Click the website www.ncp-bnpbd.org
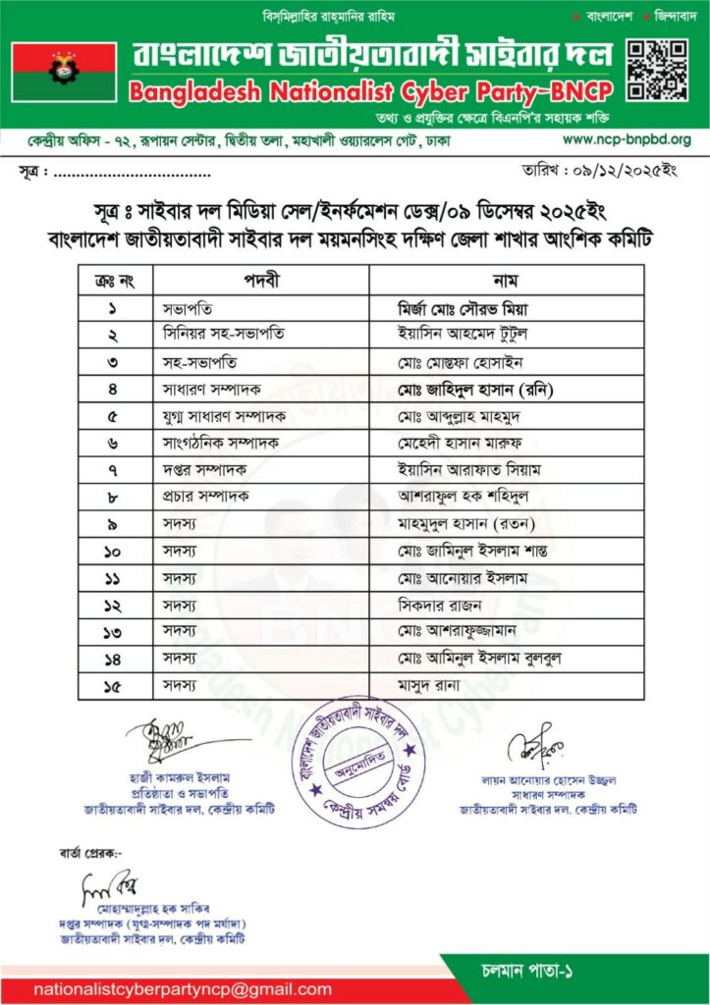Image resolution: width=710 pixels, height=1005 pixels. click(x=626, y=139)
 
